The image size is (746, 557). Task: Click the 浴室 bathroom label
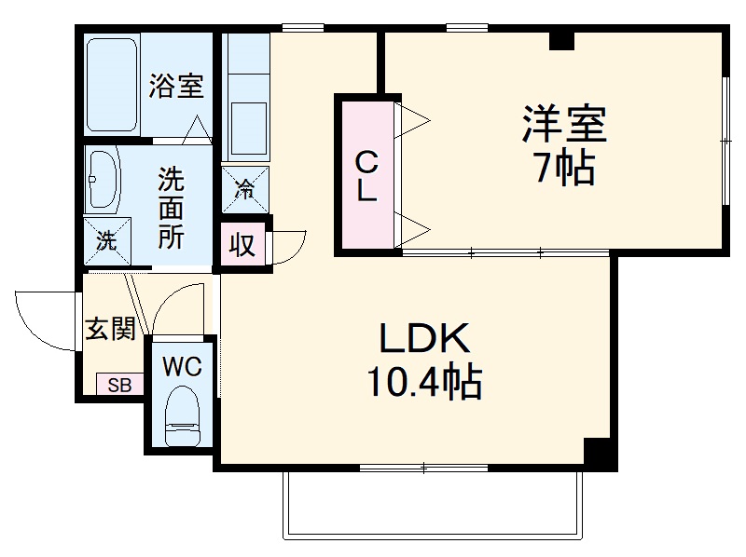176,87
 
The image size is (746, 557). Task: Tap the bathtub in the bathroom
113,83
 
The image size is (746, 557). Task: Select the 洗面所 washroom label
170,207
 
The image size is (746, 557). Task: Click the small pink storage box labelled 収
242,246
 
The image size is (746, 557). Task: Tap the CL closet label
367,177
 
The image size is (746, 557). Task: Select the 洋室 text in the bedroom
563,124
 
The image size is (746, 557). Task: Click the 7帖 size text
563,167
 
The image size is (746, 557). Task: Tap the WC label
182,367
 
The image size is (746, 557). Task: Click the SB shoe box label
119,384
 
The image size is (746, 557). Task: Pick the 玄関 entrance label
111,329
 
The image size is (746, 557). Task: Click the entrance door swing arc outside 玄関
42,319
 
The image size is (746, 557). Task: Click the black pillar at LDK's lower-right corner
600,453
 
